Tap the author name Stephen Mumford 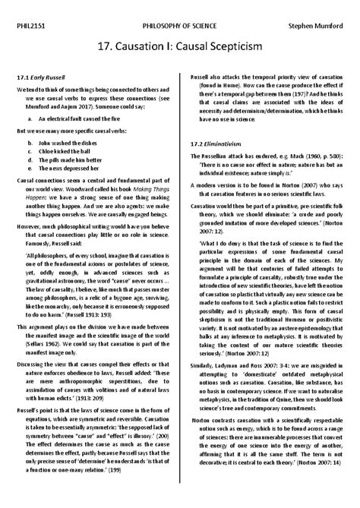[315, 24]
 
